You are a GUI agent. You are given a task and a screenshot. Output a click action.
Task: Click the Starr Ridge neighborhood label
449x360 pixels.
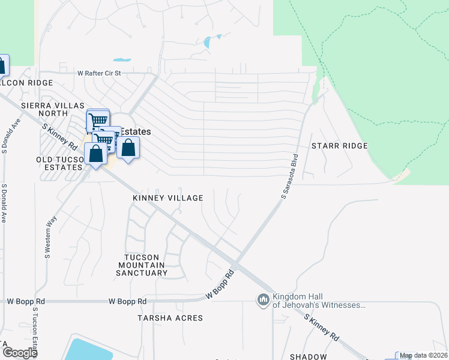(339, 146)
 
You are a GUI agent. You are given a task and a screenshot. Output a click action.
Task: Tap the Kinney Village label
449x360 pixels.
(168, 198)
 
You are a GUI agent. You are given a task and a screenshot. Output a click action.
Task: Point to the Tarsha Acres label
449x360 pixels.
(170, 317)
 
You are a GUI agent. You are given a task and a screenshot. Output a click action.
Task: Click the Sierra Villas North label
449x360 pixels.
(52, 109)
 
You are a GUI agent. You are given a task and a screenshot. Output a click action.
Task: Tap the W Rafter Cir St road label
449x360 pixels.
(99, 73)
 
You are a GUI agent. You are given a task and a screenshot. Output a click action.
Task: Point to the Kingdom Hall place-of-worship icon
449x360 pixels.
(262, 300)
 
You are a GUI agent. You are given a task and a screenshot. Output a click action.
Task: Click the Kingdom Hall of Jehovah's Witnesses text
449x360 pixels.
(319, 301)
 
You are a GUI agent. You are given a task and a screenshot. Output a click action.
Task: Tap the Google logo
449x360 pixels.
(20, 352)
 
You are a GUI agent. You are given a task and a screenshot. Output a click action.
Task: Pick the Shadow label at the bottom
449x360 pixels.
(308, 357)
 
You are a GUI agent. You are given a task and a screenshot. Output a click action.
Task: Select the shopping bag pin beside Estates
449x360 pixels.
(128, 147)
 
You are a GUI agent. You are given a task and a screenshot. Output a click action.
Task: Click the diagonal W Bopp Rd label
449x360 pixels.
(220, 284)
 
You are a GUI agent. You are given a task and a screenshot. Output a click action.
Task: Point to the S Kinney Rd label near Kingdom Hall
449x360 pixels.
(322, 327)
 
